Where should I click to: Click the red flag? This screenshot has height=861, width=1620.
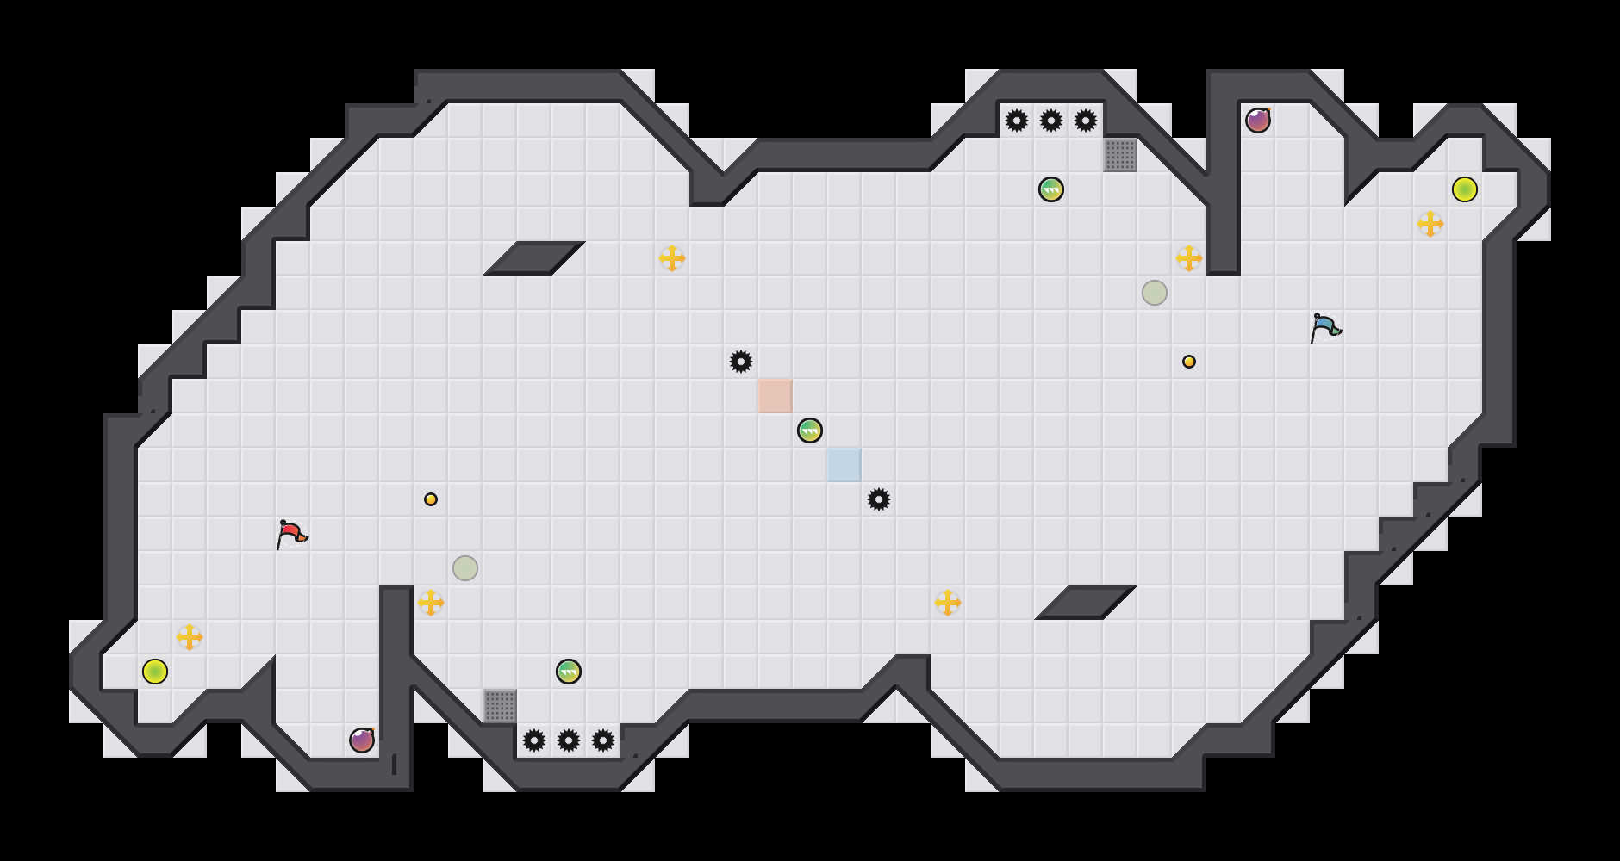291,534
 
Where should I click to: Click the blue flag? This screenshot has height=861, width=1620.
1325,327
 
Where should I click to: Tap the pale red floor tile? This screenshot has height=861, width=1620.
776,396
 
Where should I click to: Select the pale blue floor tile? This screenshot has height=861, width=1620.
844,465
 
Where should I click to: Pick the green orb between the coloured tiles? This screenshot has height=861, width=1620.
810,430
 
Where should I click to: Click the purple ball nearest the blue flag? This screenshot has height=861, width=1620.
1258,121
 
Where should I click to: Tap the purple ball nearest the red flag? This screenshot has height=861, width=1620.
362,740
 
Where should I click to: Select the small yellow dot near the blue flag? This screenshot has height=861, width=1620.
1189,362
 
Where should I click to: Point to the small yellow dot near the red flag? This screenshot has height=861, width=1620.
431,499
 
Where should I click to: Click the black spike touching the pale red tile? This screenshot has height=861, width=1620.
741,362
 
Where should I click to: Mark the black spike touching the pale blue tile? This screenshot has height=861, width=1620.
879,499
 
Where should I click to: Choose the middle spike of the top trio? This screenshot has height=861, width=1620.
1051,121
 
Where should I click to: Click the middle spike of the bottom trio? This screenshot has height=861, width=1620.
569,740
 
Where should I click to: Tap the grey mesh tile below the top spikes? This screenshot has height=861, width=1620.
1120,155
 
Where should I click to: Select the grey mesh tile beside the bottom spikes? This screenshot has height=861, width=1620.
500,706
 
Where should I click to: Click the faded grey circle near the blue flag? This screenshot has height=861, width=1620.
1155,293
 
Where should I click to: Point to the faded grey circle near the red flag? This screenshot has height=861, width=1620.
465,568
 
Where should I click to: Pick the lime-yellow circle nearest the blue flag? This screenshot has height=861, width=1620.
1465,189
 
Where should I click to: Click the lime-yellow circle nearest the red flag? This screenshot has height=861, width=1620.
155,672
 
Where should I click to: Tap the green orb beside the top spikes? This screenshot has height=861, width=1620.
1051,189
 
